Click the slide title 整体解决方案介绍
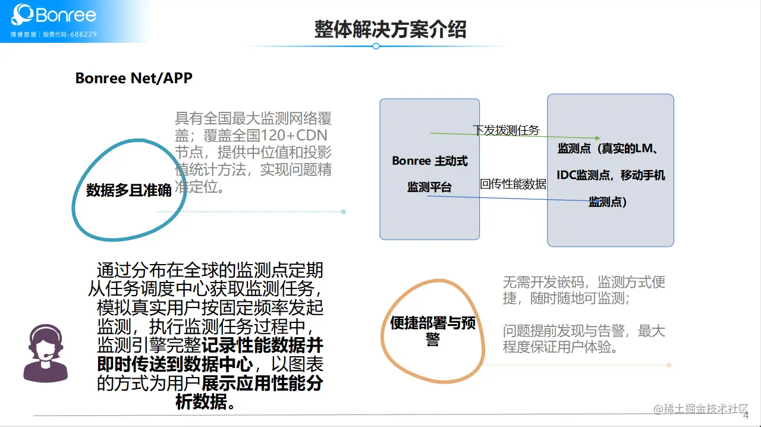point(390,29)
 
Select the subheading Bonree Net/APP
point(134,78)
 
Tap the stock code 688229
point(83,34)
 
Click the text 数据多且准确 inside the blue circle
point(129,190)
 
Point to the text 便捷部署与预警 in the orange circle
point(433,330)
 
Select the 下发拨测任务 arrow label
point(506,130)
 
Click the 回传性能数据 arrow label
point(513,184)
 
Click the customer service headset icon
point(45,353)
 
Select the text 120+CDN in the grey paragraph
point(294,135)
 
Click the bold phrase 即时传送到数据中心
point(175,363)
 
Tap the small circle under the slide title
point(376,46)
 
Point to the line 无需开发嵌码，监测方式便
point(584,282)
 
